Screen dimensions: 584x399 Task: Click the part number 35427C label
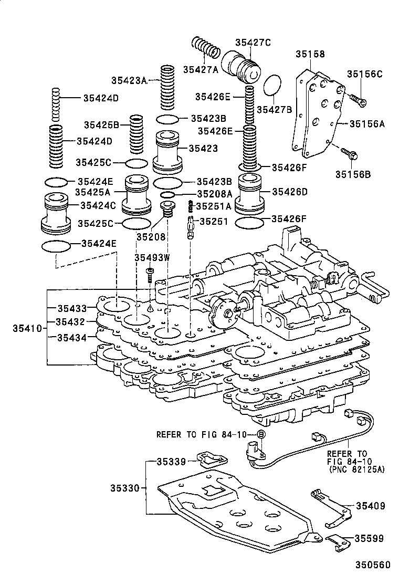point(253,43)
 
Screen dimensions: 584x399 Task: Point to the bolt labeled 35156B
point(349,153)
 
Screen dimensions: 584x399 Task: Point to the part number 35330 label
point(124,488)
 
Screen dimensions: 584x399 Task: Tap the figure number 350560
point(373,565)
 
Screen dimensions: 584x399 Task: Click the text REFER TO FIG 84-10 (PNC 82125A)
point(355,461)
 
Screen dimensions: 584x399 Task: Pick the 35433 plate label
point(72,308)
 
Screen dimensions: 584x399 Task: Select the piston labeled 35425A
point(136,195)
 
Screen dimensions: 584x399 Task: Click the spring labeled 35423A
point(167,86)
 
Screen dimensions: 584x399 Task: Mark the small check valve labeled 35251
point(190,227)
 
